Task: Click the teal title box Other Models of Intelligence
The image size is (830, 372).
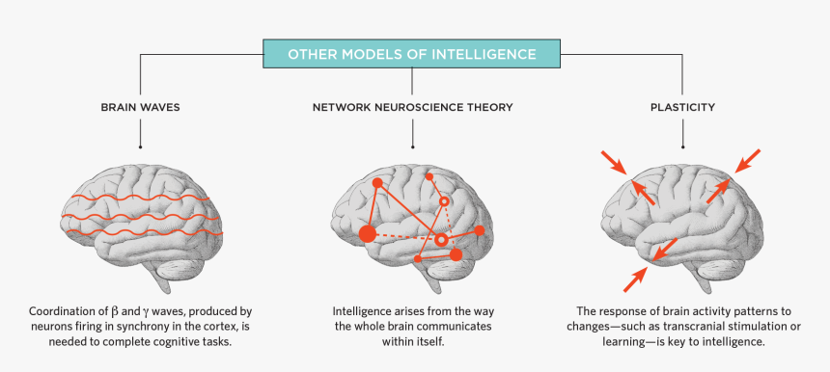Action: [x=412, y=53]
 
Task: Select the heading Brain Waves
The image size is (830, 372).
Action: [x=141, y=107]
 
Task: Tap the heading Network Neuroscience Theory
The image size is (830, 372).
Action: [x=412, y=107]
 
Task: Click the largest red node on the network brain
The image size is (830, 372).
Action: [x=368, y=233]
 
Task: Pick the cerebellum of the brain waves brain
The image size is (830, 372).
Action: [x=189, y=257]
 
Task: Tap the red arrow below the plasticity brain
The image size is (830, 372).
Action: [x=635, y=279]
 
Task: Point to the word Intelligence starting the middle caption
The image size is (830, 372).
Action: [x=364, y=312]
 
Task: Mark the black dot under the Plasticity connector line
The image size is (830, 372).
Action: [x=683, y=147]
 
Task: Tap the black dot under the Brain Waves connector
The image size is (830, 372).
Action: [x=141, y=147]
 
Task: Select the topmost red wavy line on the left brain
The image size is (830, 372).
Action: [x=141, y=199]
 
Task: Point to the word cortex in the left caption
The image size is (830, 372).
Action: [x=201, y=328]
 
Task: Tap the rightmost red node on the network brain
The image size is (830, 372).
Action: [x=480, y=231]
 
